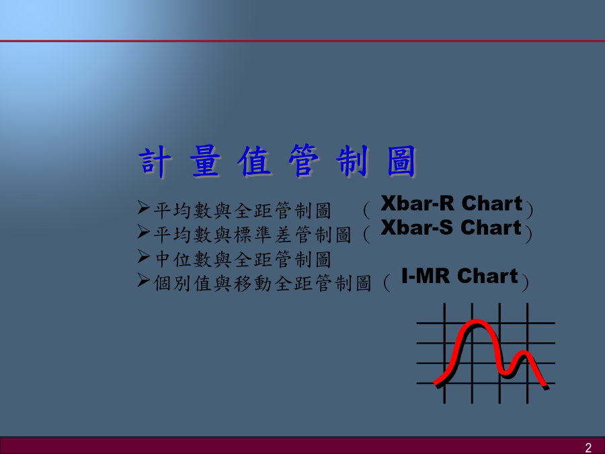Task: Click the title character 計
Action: point(155,161)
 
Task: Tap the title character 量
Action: point(205,161)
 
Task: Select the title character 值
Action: point(254,161)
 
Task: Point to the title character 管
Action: point(304,161)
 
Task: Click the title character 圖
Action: point(401,161)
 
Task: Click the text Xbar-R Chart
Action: point(452,203)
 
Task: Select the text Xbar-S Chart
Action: point(451,227)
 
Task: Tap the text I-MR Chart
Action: point(460,276)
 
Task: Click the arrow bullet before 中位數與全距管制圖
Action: point(144,257)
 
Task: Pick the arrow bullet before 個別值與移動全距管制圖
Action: point(144,280)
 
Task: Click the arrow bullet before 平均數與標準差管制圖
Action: point(144,233)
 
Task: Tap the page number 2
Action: point(588,447)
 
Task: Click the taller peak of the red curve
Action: point(477,322)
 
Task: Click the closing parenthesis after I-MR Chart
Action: point(525,282)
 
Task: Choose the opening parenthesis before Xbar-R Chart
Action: point(366,210)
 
